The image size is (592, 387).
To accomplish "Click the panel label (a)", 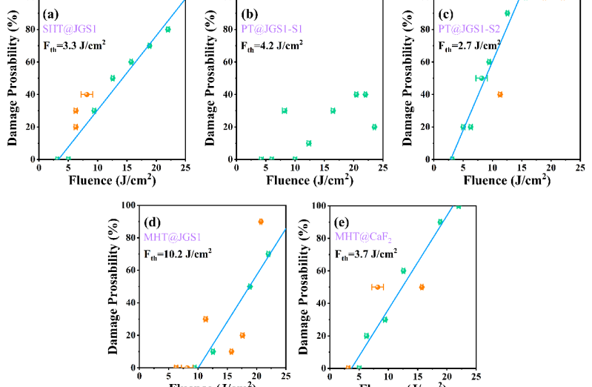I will (x=51, y=13).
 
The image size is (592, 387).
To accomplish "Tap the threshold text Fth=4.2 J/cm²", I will (x=273, y=45).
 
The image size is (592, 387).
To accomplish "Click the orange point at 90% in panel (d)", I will (x=261, y=222).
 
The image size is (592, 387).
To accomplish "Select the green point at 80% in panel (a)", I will (x=167, y=30).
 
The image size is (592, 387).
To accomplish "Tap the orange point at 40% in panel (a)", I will (x=87, y=94).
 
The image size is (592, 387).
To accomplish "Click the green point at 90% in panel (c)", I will (x=507, y=13).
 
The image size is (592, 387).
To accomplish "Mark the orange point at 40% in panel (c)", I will (x=500, y=94).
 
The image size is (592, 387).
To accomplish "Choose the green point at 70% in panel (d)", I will (x=268, y=254).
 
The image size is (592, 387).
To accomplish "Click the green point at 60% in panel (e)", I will (x=403, y=271).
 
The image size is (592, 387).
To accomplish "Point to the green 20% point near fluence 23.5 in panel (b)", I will (x=374, y=127).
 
